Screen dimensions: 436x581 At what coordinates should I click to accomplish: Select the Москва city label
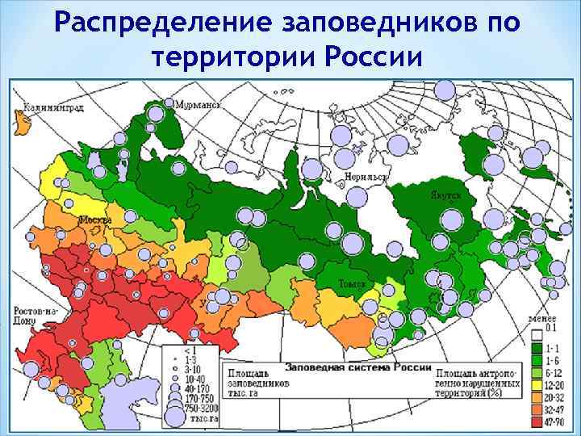click(95, 219)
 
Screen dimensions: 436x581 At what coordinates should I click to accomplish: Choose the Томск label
click(352, 285)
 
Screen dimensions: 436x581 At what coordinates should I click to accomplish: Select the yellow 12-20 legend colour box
click(537, 384)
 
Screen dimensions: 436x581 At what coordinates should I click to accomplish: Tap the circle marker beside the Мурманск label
click(170, 103)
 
